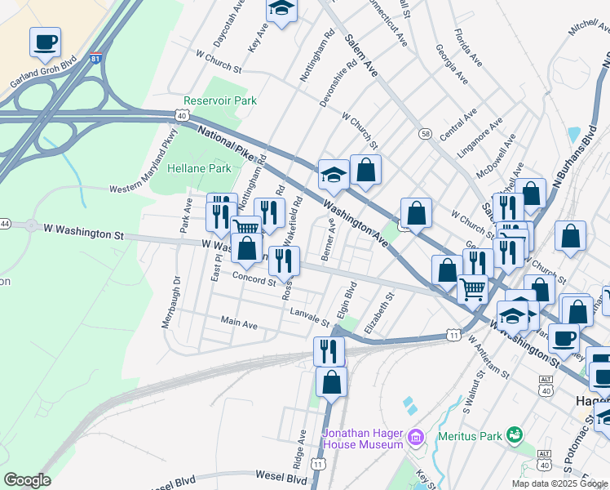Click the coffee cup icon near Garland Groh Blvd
click(x=45, y=42)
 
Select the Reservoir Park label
click(x=220, y=100)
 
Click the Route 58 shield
click(x=425, y=133)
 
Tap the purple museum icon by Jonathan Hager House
click(x=416, y=438)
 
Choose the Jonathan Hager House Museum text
click(x=363, y=438)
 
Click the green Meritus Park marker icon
click(x=514, y=434)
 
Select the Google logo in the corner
click(x=27, y=480)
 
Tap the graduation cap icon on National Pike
click(x=333, y=174)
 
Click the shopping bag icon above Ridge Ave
click(x=331, y=381)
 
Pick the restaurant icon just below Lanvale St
click(x=329, y=351)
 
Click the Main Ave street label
click(x=239, y=324)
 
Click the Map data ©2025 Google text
click(x=559, y=483)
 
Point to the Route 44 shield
click(x=4, y=224)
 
